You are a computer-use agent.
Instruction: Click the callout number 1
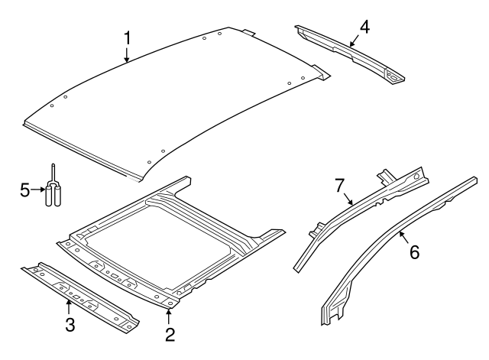tap(128, 37)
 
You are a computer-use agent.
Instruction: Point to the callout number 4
tap(364, 26)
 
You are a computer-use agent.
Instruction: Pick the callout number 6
tap(415, 251)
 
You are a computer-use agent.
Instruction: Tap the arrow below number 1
tap(128, 54)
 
